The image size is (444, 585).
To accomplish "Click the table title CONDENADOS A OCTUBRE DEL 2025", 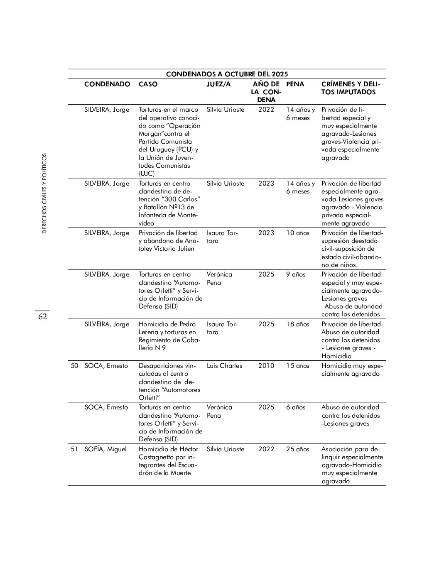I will (227, 74).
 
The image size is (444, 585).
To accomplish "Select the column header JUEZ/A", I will (218, 84).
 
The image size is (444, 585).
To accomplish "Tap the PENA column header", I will (295, 84).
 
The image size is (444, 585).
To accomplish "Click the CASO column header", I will (148, 84).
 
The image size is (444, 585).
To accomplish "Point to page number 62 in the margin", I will (42, 317).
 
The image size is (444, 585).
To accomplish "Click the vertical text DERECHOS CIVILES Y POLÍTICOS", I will (44, 193).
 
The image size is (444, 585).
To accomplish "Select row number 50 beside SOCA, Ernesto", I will (74, 366).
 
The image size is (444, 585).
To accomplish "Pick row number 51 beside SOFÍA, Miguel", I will (74, 449).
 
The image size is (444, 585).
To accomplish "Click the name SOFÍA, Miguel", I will (105, 449).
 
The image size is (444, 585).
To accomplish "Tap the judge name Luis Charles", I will (224, 366).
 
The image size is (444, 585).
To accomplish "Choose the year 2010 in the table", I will (266, 366).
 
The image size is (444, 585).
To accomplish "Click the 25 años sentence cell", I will (297, 449).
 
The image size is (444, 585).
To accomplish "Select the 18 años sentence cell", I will (297, 324).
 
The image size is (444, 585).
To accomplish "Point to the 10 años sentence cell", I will (297, 233).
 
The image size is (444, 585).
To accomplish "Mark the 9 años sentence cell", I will (295, 274).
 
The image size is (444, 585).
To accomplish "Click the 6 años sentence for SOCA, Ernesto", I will (295, 407).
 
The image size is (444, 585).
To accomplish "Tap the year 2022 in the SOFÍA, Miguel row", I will (266, 449).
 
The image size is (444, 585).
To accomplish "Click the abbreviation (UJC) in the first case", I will (147, 174).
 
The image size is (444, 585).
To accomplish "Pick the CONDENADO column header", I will (107, 84).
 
